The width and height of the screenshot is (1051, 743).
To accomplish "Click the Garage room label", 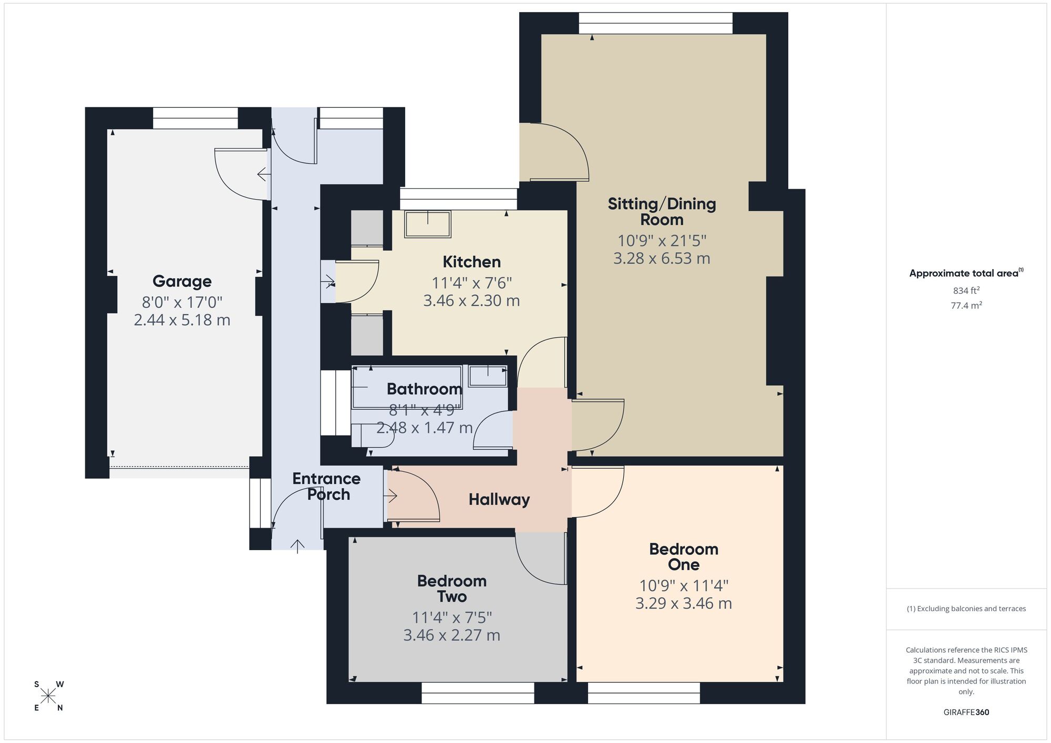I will [182, 281].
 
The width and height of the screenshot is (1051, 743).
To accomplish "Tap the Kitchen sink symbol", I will [428, 224].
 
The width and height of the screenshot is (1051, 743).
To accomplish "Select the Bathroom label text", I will [424, 389].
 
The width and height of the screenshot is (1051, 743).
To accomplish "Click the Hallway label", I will [499, 499].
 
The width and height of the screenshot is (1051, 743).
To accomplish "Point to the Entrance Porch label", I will [326, 486].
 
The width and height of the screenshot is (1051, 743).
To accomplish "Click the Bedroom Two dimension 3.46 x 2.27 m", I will [451, 635].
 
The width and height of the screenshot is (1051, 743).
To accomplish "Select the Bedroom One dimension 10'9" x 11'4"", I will [683, 585].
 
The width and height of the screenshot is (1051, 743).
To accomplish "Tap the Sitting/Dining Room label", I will [662, 211].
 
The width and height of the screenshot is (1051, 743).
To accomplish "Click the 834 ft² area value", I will [966, 291].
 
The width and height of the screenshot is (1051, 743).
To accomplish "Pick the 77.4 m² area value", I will [966, 305].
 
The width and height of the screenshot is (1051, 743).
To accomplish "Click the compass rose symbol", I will [48, 696].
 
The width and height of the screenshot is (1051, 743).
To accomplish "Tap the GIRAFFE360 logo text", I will [966, 713].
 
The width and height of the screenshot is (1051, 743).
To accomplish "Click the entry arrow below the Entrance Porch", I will [297, 546].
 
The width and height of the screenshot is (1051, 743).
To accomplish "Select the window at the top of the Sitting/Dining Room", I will [655, 23].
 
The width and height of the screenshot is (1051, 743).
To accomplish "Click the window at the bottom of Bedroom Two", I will [478, 693].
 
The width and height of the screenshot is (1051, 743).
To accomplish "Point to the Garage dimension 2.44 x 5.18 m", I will [182, 320].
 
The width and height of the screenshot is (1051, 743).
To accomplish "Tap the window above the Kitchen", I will [458, 199].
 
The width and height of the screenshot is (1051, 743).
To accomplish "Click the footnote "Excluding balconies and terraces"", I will [966, 608].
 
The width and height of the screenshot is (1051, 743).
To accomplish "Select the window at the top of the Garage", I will [195, 118].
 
